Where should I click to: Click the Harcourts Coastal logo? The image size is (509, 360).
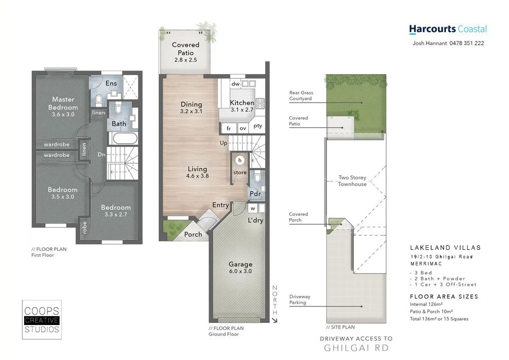click(x=447, y=30)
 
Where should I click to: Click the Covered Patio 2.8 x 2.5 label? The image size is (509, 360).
click(x=185, y=52)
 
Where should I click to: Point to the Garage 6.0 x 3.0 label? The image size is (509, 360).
click(x=240, y=267)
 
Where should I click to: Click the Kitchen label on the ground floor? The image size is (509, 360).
click(x=242, y=106)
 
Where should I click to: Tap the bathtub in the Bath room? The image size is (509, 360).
click(x=122, y=138)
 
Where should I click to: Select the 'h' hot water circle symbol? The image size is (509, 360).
click(x=240, y=160)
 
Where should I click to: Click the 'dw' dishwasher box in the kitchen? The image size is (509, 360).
click(x=235, y=84)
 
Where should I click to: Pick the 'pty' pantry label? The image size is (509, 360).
click(x=258, y=126)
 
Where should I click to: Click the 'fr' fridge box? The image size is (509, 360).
click(x=229, y=128)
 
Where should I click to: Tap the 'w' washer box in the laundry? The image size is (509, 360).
click(x=253, y=208)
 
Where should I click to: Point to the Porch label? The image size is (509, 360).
click(x=193, y=234)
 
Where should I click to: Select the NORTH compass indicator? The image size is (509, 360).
click(x=274, y=300)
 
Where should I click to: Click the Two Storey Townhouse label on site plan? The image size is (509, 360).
click(x=352, y=181)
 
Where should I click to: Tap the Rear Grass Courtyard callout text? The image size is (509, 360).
click(x=300, y=96)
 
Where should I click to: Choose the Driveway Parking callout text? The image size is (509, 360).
click(x=299, y=299)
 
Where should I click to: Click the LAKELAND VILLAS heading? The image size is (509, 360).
click(x=445, y=248)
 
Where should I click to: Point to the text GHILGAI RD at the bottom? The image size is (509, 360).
click(x=356, y=348)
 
